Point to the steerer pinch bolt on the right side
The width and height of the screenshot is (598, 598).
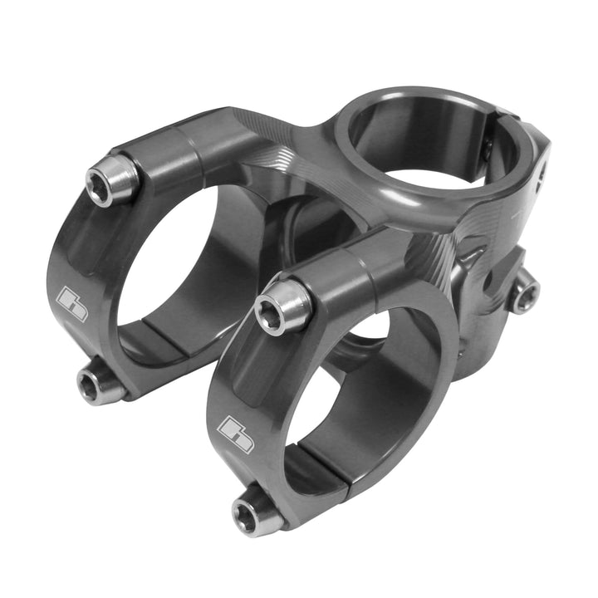(523, 293)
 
